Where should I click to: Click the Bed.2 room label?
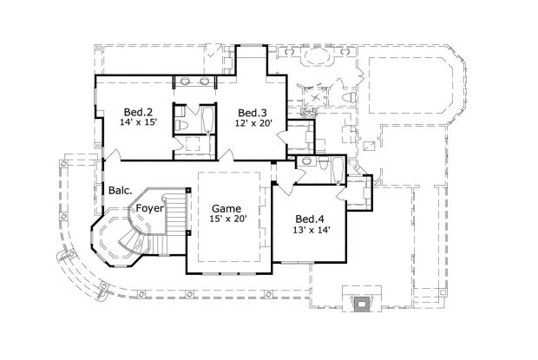coord(138,112)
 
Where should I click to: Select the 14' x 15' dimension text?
coord(138,124)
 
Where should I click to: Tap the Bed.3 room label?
coord(253,112)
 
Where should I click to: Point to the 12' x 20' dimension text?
coord(253,124)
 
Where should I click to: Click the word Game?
coord(227,209)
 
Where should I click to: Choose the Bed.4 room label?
coord(310,219)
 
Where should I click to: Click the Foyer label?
coord(150,208)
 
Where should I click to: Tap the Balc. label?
coord(120,190)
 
